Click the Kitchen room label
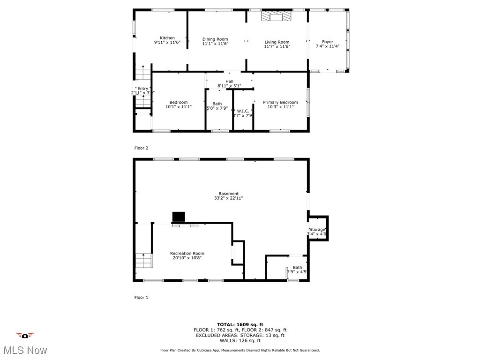[x=167, y=38]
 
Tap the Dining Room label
[x=215, y=39]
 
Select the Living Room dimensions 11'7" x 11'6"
[x=277, y=46]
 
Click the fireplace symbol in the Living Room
[x=277, y=16]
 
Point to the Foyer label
[x=328, y=42]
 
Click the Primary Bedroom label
[x=280, y=102]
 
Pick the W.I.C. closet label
[x=243, y=111]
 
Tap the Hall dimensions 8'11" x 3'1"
[x=229, y=86]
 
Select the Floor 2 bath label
[x=217, y=104]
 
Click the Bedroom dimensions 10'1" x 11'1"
[x=179, y=107]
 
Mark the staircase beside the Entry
[x=142, y=74]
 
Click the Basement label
[x=229, y=194]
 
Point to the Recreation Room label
[x=187, y=254]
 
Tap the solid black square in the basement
[x=179, y=217]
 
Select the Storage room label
[x=317, y=230]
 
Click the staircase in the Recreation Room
[x=144, y=260]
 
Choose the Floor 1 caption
[x=141, y=297]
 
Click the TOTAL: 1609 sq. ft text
[x=240, y=324]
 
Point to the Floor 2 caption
[x=141, y=148]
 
